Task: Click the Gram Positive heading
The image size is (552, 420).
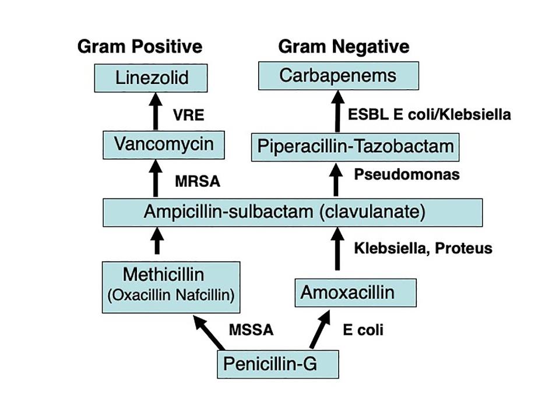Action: click(x=140, y=46)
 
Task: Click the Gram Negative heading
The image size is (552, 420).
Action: click(x=344, y=46)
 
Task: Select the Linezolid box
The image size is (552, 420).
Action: click(x=152, y=77)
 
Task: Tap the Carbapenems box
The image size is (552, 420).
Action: click(x=338, y=75)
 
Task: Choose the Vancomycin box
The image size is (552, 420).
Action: click(x=163, y=144)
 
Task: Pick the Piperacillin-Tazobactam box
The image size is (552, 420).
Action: click(x=355, y=146)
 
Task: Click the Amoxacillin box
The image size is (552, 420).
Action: click(x=356, y=292)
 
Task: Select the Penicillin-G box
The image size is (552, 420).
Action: click(x=277, y=364)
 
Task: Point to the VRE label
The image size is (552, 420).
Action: click(x=189, y=115)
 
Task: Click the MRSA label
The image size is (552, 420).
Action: click(x=198, y=181)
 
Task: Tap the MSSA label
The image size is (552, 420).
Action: click(x=251, y=330)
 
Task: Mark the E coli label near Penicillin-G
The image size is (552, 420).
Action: click(x=363, y=330)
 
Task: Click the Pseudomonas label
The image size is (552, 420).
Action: click(x=407, y=174)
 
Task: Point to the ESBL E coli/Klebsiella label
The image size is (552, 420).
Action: click(x=429, y=114)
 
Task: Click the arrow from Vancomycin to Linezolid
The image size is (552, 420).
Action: click(x=156, y=113)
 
